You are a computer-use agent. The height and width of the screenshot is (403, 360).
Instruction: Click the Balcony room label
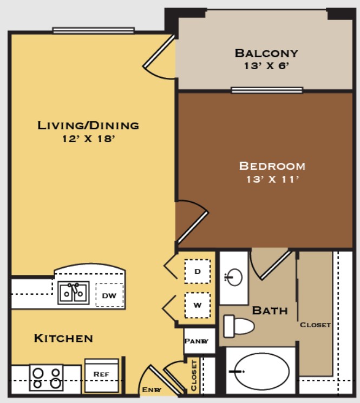(266, 53)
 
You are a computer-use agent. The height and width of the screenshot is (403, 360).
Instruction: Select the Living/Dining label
(88, 125)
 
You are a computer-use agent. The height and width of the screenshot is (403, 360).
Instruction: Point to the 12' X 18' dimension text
(88, 138)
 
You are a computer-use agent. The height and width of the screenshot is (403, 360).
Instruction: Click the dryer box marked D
(198, 270)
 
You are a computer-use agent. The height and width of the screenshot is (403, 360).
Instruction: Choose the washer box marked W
(198, 305)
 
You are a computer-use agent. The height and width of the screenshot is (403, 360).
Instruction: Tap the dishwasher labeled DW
(109, 295)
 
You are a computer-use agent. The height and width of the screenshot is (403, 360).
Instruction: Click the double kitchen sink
(74, 293)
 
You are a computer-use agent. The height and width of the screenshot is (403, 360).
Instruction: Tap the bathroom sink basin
(233, 278)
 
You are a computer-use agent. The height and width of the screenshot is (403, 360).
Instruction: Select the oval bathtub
(261, 372)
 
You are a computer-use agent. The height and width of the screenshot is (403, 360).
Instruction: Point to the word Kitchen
(63, 339)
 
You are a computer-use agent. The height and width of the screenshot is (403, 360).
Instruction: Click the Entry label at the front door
(152, 389)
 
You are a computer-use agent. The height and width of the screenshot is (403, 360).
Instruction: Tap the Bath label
(270, 311)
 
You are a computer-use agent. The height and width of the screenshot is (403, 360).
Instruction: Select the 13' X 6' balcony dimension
(266, 66)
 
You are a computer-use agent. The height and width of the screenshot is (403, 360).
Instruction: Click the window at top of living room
(93, 30)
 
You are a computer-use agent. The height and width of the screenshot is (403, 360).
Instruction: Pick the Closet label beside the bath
(315, 325)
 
